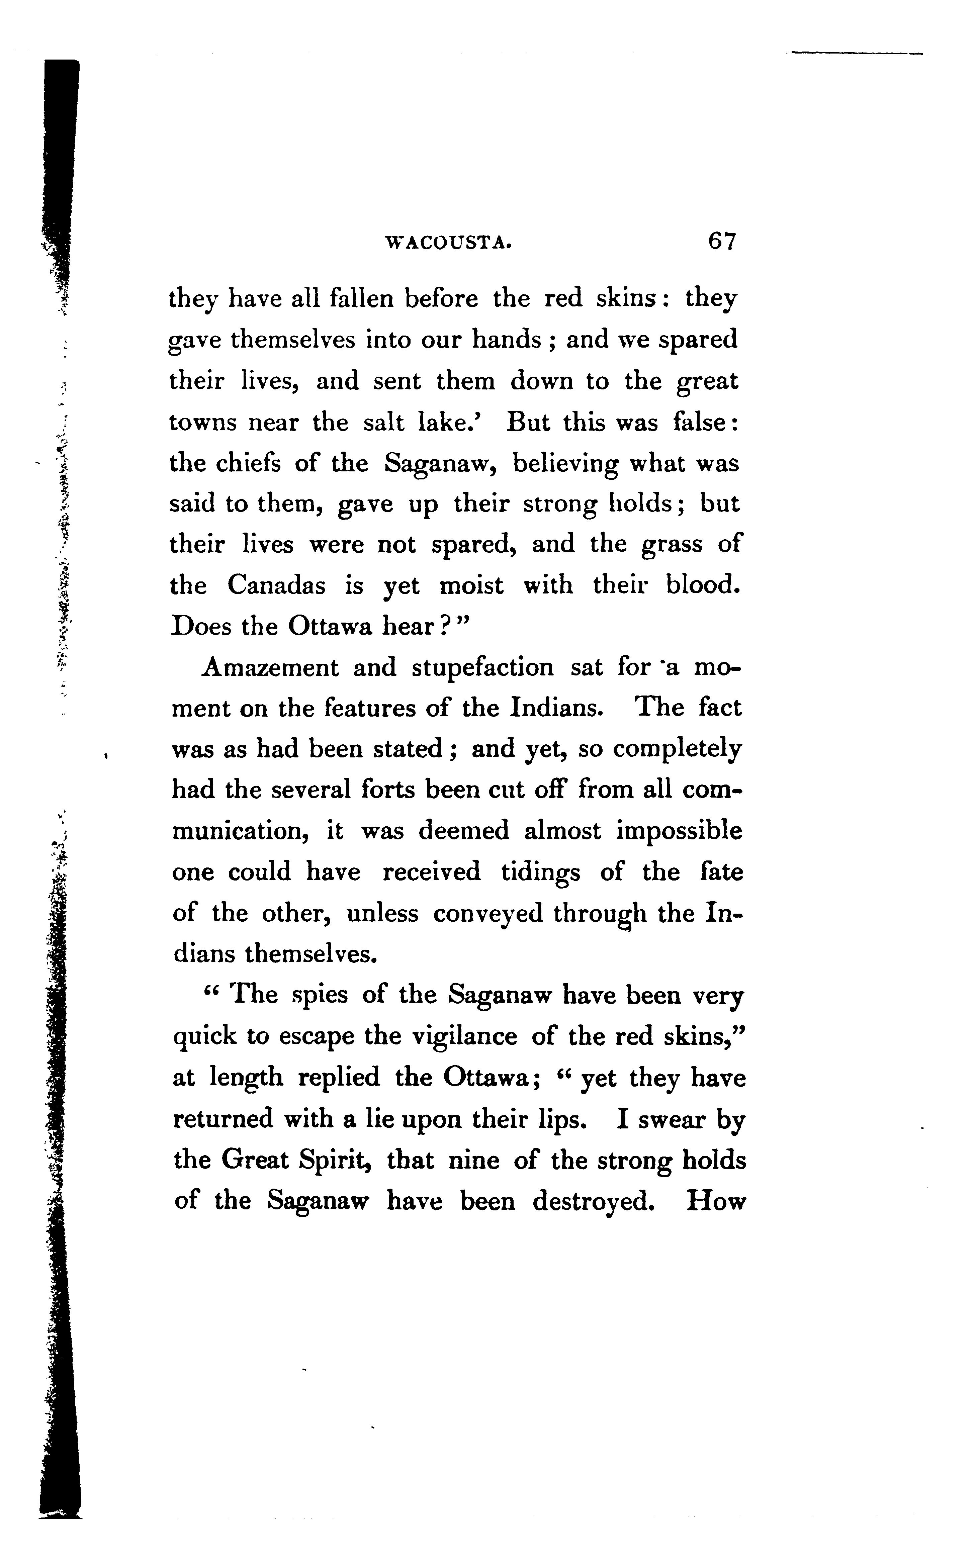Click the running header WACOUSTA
[x=449, y=243]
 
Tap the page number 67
[x=721, y=241]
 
